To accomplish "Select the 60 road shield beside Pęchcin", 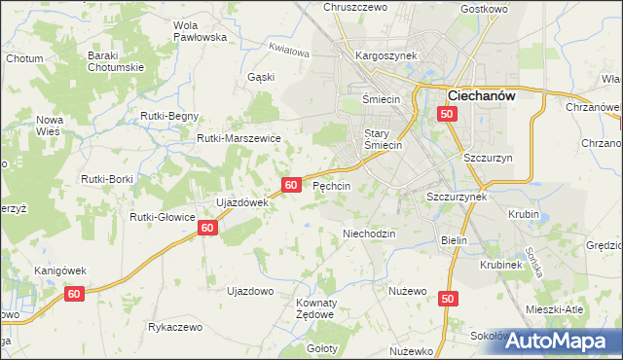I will [291, 184].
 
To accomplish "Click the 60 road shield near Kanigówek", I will [75, 293].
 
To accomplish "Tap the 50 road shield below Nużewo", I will [447, 300].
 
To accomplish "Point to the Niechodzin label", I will [369, 234].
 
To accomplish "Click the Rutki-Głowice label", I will [164, 217].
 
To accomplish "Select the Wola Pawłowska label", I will [199, 31].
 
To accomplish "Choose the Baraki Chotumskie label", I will [116, 61].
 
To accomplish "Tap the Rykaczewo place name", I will [175, 327].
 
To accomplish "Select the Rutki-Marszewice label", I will [238, 138].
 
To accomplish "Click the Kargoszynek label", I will [386, 55].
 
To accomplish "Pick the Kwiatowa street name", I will [289, 50].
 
